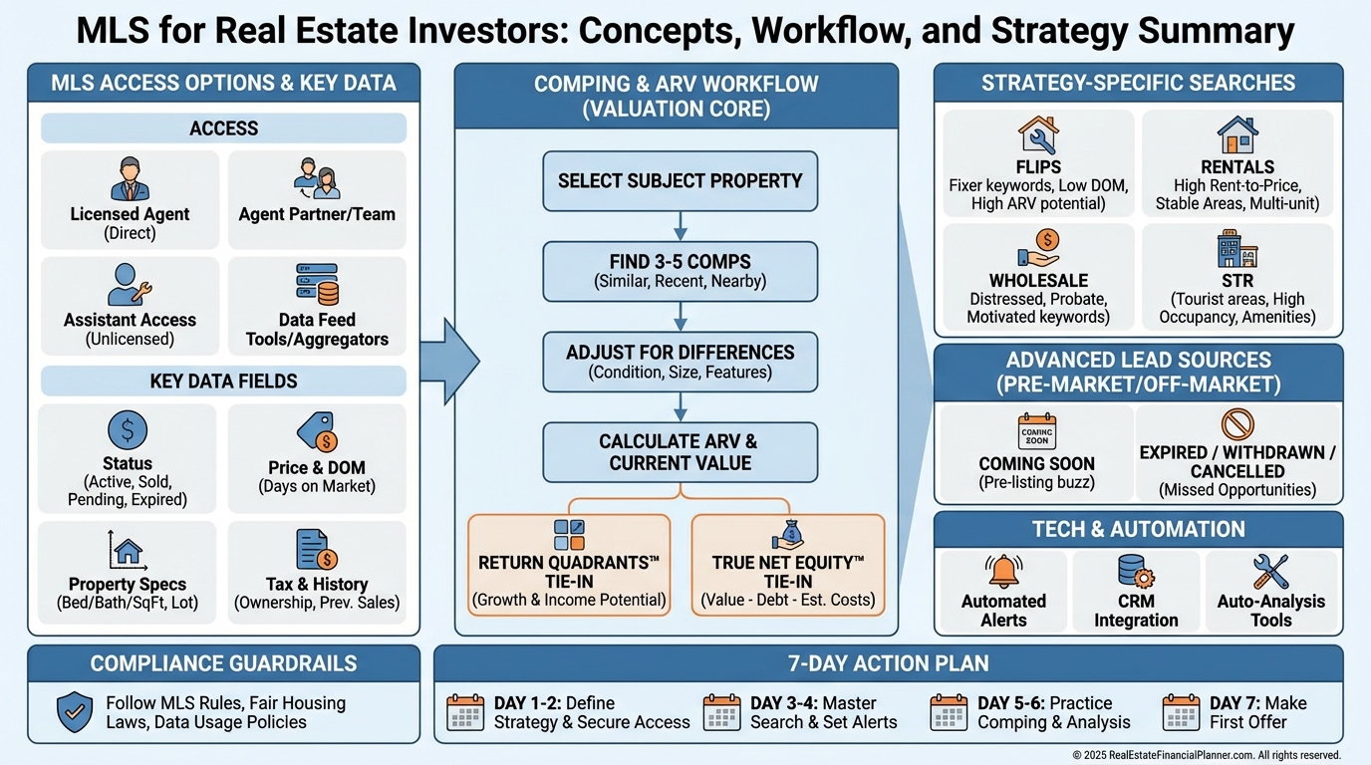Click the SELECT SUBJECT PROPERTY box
[680, 181]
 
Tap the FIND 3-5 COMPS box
[680, 271]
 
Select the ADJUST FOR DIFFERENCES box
[680, 362]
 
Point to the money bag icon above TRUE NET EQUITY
[787, 534]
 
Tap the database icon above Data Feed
[317, 284]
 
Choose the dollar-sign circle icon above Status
[128, 430]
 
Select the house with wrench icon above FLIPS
[1038, 135]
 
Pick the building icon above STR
[1237, 249]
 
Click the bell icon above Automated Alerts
[1003, 571]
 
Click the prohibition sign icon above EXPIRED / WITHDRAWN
[1237, 424]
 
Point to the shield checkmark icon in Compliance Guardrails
[76, 711]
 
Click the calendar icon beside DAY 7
[1181, 712]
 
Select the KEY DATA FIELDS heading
[223, 382]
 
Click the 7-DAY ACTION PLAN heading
[888, 663]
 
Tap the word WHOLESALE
[1038, 281]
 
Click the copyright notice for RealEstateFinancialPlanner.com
[1206, 755]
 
